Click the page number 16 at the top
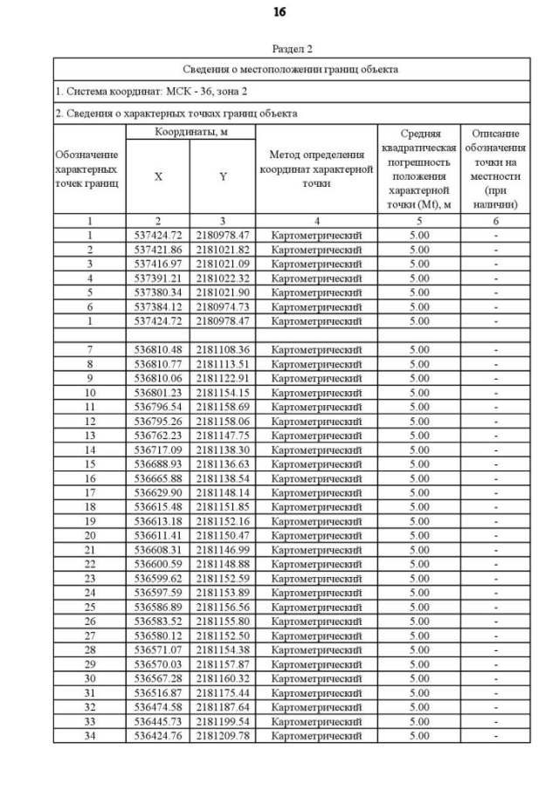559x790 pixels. click(279, 13)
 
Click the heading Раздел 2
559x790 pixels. click(292, 49)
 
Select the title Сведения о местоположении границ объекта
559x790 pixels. click(291, 68)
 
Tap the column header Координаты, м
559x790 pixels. click(190, 133)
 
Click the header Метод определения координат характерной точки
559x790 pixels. click(316, 169)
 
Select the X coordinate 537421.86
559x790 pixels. click(158, 249)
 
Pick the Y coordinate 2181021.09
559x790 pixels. click(223, 264)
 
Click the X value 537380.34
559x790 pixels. click(158, 292)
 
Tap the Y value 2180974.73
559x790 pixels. click(223, 306)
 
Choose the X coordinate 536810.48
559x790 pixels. click(158, 349)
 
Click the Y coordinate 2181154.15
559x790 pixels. click(223, 392)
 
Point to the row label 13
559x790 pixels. click(90, 435)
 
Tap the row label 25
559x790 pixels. click(90, 607)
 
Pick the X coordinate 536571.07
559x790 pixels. click(158, 649)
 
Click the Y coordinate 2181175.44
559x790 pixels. click(223, 692)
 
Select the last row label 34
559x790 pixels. click(90, 735)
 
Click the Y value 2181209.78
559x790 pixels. click(223, 735)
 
